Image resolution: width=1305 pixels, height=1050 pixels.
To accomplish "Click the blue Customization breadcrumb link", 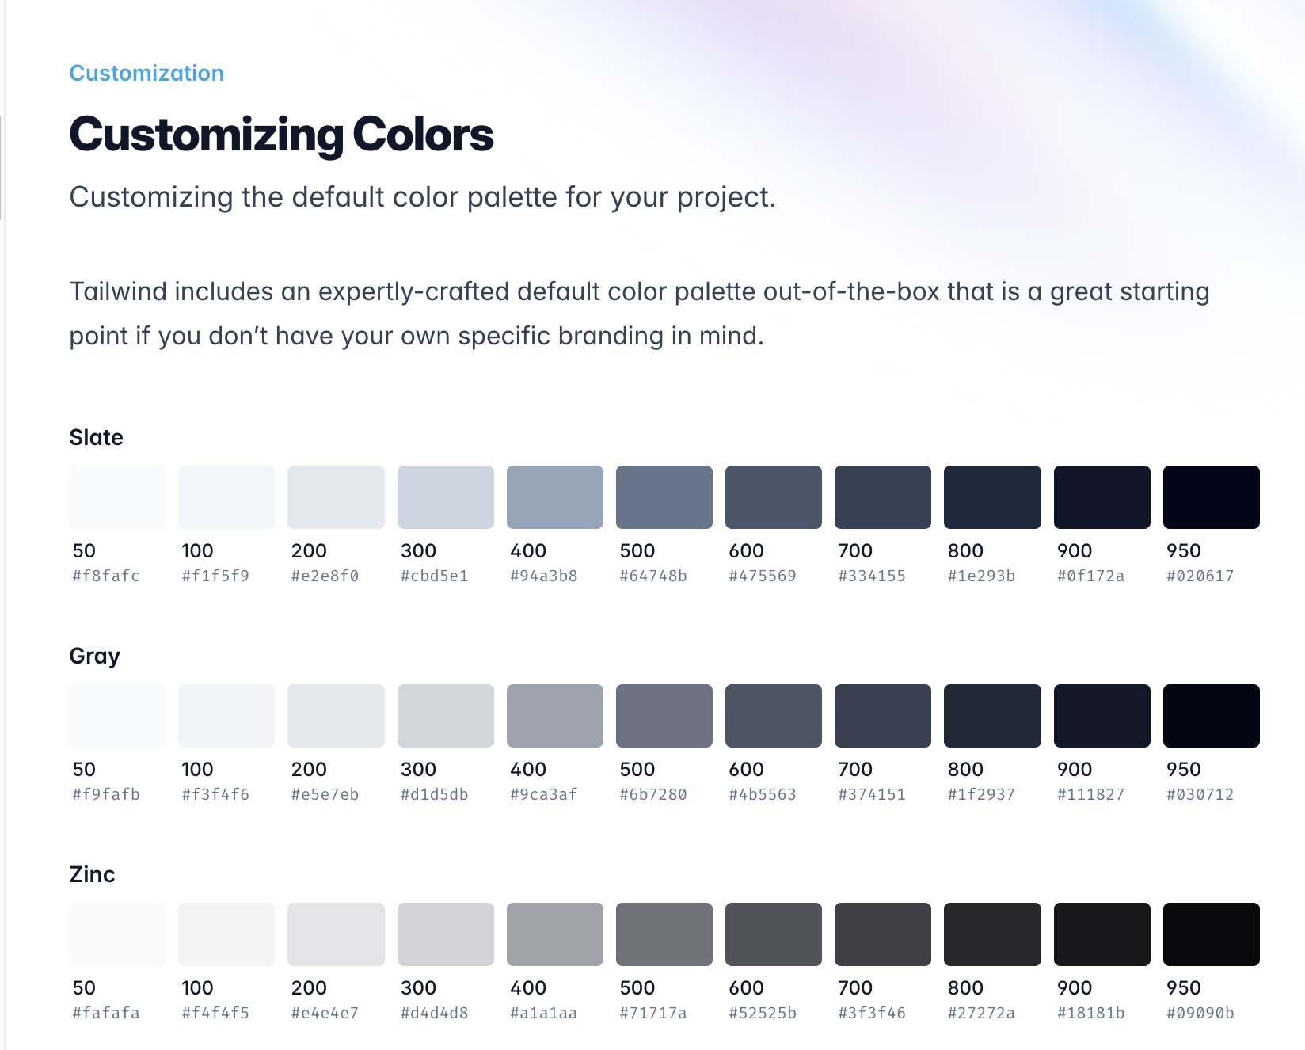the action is [x=146, y=73].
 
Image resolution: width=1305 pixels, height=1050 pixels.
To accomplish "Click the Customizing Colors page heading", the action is [x=282, y=135].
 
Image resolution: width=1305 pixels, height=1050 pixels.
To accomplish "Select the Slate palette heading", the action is [x=97, y=437].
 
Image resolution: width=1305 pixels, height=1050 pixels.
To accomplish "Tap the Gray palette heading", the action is [x=95, y=656].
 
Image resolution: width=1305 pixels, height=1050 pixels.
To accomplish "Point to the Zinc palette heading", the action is [x=93, y=874].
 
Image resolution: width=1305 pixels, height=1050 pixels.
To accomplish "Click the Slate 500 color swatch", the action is [x=664, y=497].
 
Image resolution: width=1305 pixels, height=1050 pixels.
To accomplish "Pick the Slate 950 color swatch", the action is [x=1212, y=497].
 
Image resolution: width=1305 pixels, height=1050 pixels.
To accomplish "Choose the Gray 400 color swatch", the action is [x=555, y=716].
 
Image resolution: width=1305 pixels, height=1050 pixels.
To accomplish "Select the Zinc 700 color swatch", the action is [x=883, y=934].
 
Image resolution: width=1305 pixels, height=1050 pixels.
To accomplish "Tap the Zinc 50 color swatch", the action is [x=117, y=934].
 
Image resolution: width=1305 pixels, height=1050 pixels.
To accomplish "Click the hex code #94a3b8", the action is [x=544, y=576].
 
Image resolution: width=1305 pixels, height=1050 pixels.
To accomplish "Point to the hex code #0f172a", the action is [x=1090, y=576].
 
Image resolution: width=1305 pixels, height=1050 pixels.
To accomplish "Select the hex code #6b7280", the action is [x=653, y=794].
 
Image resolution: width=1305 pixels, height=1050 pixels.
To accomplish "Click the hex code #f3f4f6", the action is [x=215, y=794].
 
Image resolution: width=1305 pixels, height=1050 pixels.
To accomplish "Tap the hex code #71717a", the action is [x=653, y=1013].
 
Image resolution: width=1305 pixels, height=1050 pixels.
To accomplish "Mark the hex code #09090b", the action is [x=1200, y=1013].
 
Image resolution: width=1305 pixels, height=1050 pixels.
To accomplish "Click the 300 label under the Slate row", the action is [x=419, y=550].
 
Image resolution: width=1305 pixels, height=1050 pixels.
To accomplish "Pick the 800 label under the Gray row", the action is [x=965, y=769].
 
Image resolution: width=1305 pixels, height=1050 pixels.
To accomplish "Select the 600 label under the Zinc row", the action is [x=747, y=987].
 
